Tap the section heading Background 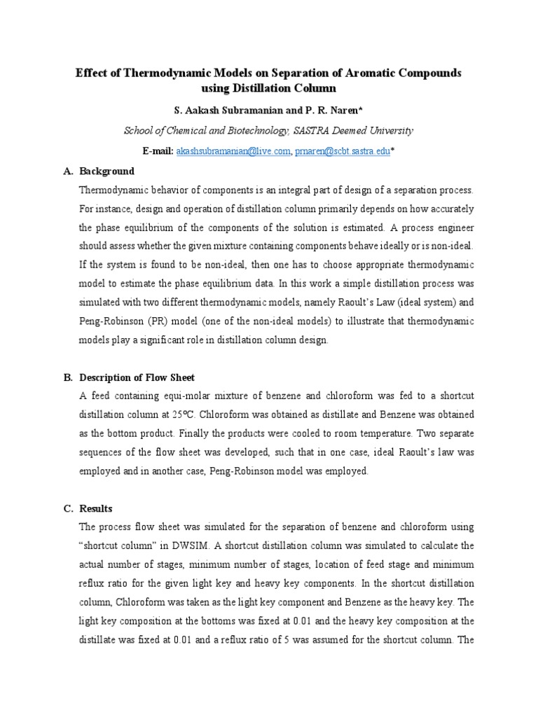[107, 171]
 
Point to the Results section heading [96, 508]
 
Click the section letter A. [67, 171]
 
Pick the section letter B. [67, 377]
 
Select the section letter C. [67, 508]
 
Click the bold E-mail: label [158, 151]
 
